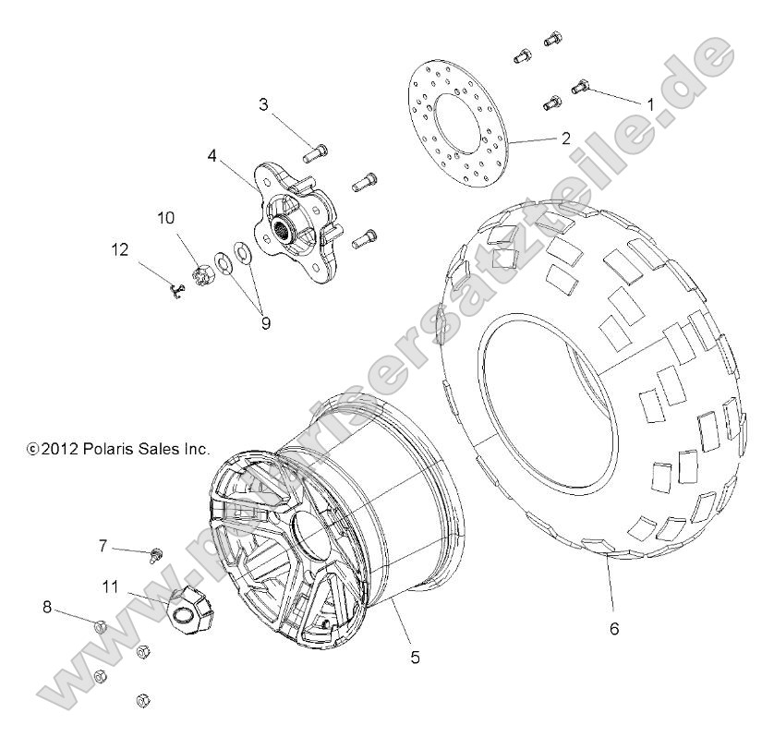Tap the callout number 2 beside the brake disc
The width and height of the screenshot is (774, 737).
565,139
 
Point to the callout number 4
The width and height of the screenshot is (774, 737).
212,156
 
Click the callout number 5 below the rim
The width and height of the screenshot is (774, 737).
415,657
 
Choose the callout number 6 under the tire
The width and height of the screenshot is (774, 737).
614,629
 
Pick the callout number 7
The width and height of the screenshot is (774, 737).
104,547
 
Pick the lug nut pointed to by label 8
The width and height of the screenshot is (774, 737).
102,628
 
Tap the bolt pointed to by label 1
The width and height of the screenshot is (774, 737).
581,87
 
